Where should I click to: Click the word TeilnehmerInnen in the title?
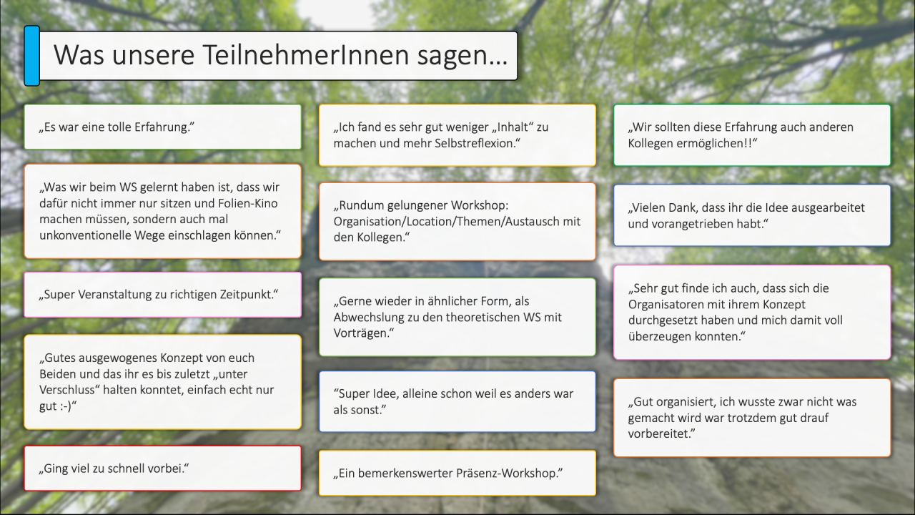pos(305,55)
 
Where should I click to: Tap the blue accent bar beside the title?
pos(32,56)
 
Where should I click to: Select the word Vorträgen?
pos(361,333)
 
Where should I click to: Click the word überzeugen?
pos(657,336)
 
